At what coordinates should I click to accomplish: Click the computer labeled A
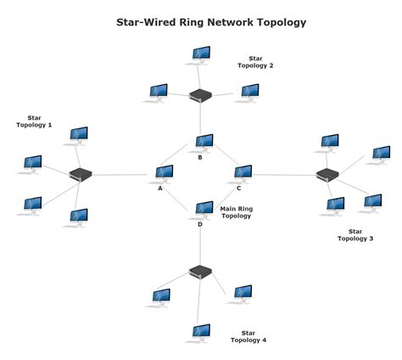pos(164,173)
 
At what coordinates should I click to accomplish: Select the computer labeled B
pos(203,142)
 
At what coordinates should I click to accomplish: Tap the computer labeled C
pos(243,173)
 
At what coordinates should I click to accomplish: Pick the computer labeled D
pos(203,209)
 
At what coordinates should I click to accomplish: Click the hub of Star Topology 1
pos(81,174)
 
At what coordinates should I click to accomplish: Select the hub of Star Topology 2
pos(201,96)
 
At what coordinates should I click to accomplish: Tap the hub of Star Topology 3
pos(327,175)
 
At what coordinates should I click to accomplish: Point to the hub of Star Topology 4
pos(200,272)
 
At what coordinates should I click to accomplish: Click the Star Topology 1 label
pos(34,121)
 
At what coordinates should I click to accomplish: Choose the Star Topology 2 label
pos(255,62)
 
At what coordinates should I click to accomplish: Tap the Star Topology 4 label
pos(248,336)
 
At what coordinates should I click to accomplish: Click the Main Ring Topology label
pos(237,212)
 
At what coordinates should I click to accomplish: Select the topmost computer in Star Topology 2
pos(201,55)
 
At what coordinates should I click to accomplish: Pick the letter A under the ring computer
pos(159,188)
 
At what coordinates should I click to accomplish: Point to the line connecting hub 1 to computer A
pos(123,175)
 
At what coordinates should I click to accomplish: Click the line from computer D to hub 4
pos(201,246)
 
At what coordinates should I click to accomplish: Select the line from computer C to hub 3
pos(284,175)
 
